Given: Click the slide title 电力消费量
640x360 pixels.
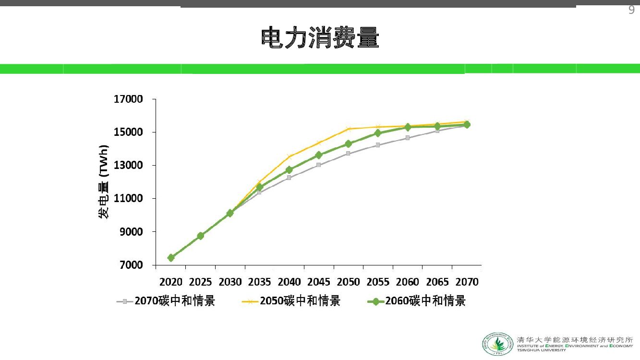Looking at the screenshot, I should click(x=320, y=38).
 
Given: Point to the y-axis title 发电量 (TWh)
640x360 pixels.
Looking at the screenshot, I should click(x=104, y=181).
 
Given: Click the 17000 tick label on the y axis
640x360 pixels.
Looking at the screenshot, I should click(x=128, y=99).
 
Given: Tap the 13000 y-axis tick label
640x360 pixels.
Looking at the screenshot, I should click(x=128, y=166).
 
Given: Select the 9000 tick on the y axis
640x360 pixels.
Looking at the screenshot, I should click(x=131, y=232).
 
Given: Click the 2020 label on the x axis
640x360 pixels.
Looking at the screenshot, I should click(x=171, y=282).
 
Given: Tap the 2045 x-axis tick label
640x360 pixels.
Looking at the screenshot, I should click(x=319, y=282).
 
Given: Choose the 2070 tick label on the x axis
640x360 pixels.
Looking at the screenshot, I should click(x=467, y=282).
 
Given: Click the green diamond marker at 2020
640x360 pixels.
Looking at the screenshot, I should click(x=171, y=258).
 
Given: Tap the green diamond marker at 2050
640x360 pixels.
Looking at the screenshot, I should click(x=349, y=144).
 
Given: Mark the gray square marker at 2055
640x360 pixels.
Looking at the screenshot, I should click(x=378, y=145).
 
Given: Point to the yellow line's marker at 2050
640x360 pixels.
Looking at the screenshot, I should click(x=349, y=129).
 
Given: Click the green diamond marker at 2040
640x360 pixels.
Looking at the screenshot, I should click(x=289, y=170).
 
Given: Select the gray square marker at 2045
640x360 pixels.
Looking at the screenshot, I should click(x=319, y=165).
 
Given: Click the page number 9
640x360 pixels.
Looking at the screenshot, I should click(x=631, y=11).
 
